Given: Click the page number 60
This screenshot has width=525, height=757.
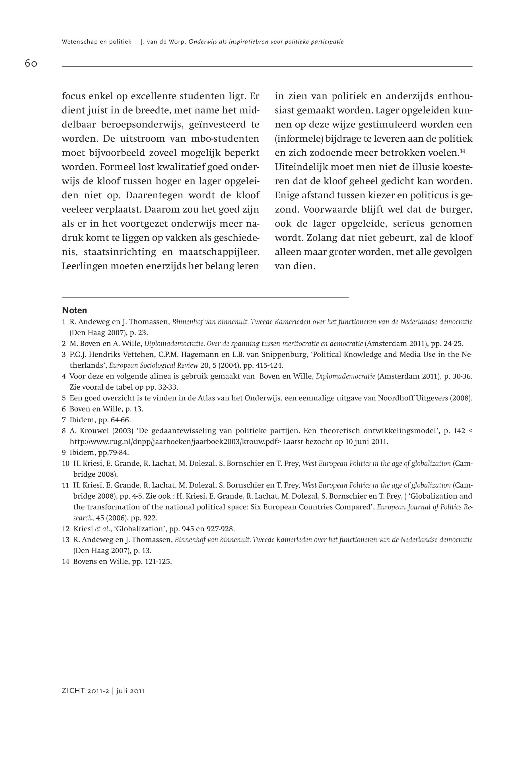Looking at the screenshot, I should (x=31, y=63).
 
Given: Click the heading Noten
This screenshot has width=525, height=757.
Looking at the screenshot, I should (x=74, y=310).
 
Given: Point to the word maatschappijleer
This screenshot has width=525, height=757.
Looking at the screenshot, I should (x=219, y=252).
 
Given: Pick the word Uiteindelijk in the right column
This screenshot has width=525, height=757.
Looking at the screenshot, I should (x=299, y=167).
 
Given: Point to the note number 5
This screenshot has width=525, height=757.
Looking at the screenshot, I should (x=64, y=398).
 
